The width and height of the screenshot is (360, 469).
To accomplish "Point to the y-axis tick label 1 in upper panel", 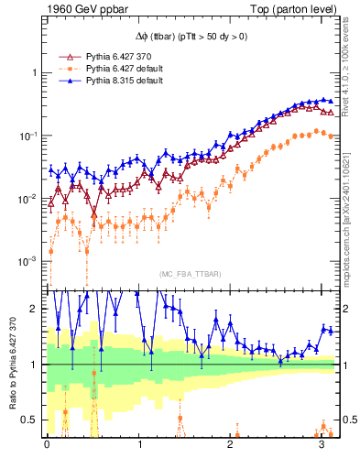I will pyautogui.click(x=36, y=72).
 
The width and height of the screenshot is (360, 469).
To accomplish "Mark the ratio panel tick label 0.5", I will pyautogui.click(x=32, y=420).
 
